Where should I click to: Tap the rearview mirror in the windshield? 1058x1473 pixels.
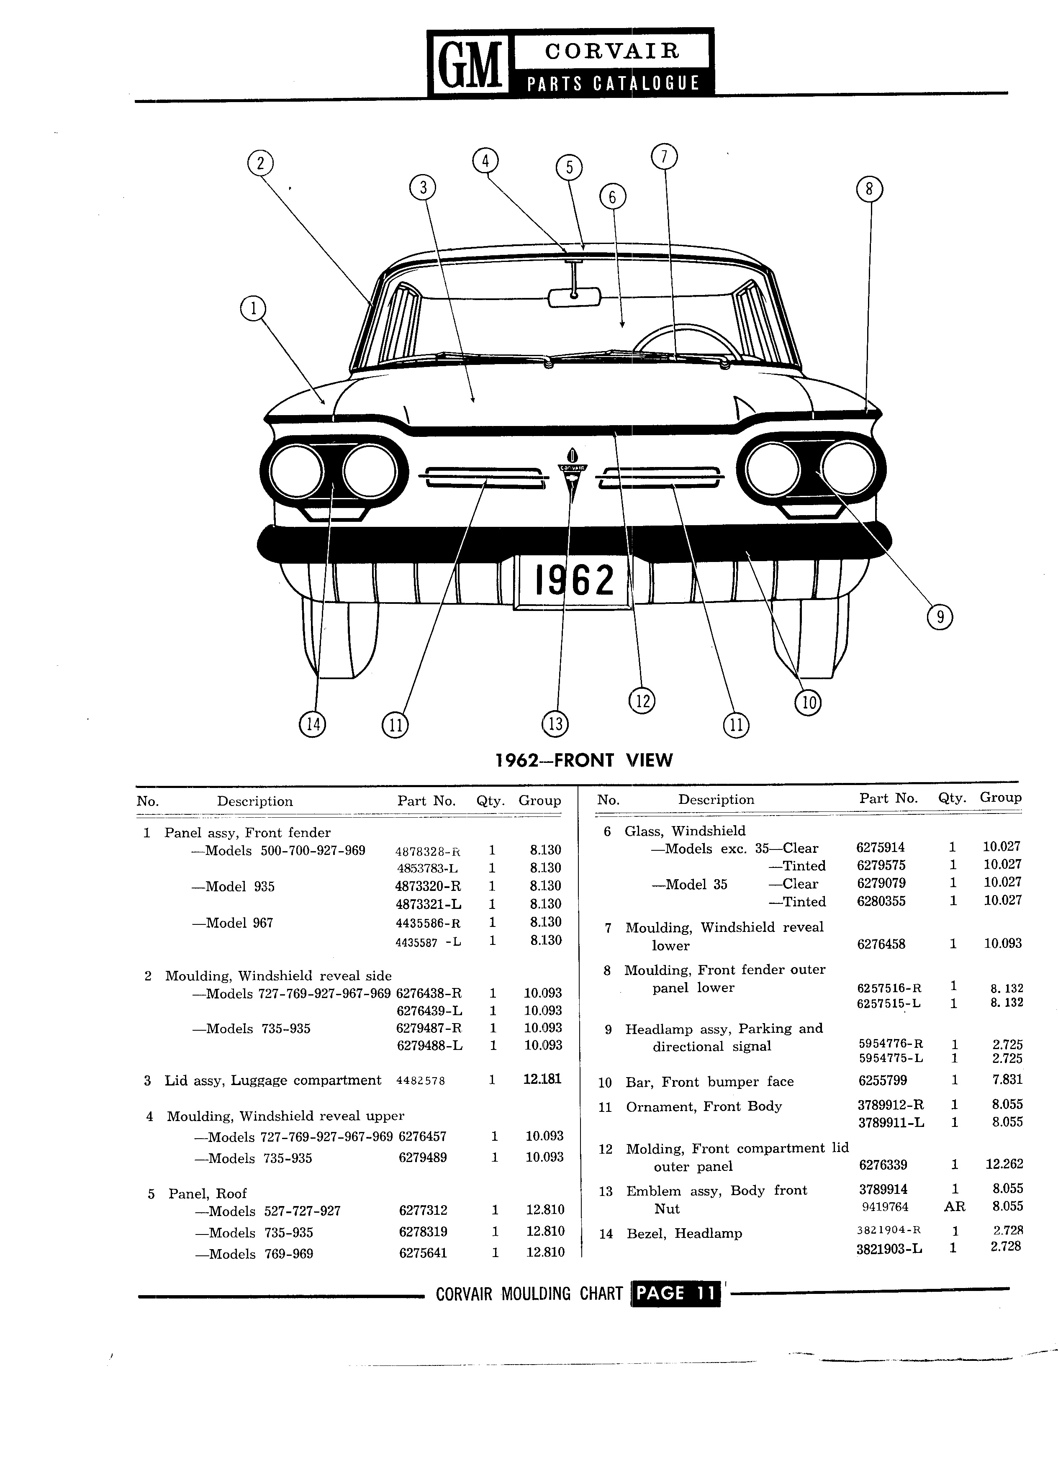[574, 297]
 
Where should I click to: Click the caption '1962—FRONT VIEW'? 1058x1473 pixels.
[584, 760]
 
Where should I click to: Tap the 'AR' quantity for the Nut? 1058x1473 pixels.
[954, 1207]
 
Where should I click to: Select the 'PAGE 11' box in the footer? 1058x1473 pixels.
[675, 1293]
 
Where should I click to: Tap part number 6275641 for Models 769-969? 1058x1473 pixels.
[423, 1253]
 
